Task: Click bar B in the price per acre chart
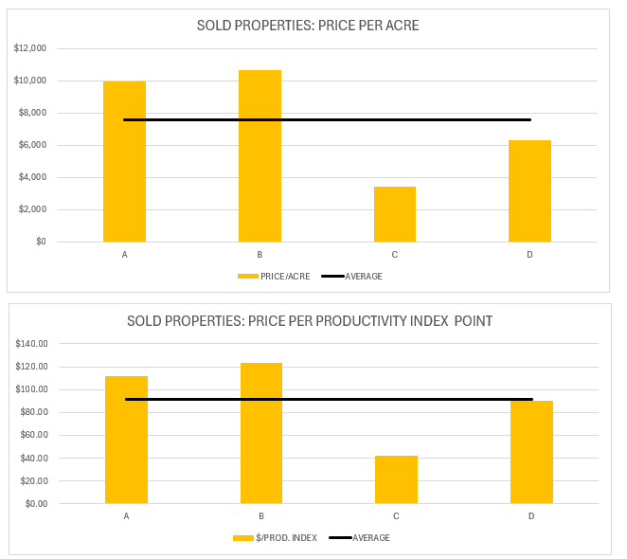coord(260,156)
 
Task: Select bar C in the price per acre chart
coord(395,214)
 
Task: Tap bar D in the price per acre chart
coord(529,191)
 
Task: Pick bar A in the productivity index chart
coord(126,440)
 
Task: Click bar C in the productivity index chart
coord(396,479)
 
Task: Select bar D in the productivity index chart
coord(531,452)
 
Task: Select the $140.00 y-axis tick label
coord(34,344)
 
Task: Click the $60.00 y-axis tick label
coord(36,436)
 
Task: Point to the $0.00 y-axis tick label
coord(38,504)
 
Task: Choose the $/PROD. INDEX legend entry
coord(284,537)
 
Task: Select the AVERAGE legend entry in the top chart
coord(364,276)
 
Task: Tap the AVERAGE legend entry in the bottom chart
coord(370,537)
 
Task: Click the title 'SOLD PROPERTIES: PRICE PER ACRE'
coord(308,26)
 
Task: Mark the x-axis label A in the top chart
coord(124,255)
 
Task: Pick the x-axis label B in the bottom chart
coord(260,516)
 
